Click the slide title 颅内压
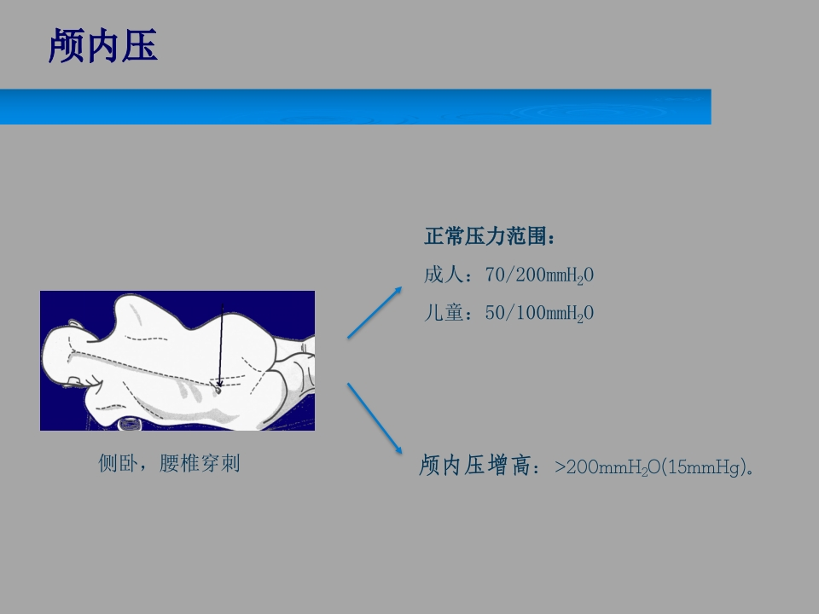(x=103, y=45)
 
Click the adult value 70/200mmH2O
(x=539, y=275)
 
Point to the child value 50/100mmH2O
(x=539, y=313)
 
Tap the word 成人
(x=443, y=275)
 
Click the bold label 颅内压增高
(x=475, y=466)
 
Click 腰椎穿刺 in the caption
(x=200, y=463)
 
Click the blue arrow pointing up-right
(x=375, y=312)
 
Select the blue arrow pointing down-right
(x=375, y=418)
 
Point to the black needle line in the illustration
(x=221, y=345)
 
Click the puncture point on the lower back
(x=218, y=389)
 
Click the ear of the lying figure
(x=75, y=324)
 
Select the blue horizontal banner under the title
(x=355, y=107)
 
